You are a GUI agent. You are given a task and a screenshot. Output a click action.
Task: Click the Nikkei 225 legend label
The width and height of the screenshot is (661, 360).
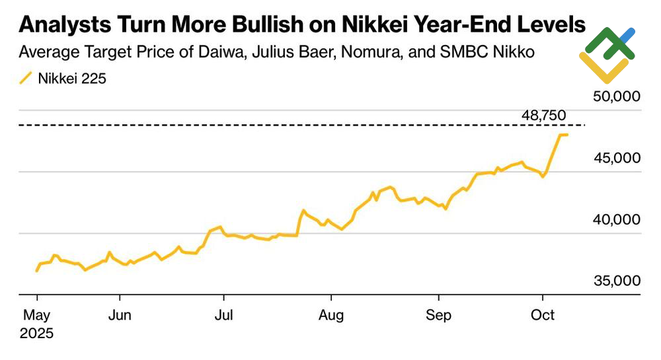pyautogui.click(x=72, y=79)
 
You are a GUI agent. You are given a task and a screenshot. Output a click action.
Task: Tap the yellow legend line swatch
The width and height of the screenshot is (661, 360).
pyautogui.click(x=25, y=79)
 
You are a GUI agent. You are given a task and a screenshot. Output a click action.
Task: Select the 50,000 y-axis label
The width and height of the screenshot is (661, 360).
pyautogui.click(x=616, y=96)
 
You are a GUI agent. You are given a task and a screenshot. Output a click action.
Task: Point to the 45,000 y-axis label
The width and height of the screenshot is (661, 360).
pyautogui.click(x=616, y=158)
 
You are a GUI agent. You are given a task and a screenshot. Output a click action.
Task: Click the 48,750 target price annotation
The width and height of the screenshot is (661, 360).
pyautogui.click(x=543, y=116)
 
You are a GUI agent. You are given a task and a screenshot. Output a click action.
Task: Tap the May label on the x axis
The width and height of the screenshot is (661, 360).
pyautogui.click(x=36, y=316)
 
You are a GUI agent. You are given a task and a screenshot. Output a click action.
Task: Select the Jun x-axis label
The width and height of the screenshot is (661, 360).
pyautogui.click(x=119, y=316)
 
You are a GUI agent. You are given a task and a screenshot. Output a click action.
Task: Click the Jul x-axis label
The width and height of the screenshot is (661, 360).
pyautogui.click(x=225, y=316)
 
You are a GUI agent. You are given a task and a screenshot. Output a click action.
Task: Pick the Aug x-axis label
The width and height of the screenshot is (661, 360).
pyautogui.click(x=330, y=316)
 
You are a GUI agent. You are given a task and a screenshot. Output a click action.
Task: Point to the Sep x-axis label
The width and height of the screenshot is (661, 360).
pyautogui.click(x=438, y=316)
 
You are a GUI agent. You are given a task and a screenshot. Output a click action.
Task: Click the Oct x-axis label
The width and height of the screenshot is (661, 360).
pyautogui.click(x=543, y=316)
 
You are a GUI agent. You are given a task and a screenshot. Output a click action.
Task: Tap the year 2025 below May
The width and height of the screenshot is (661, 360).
pyautogui.click(x=36, y=333)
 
